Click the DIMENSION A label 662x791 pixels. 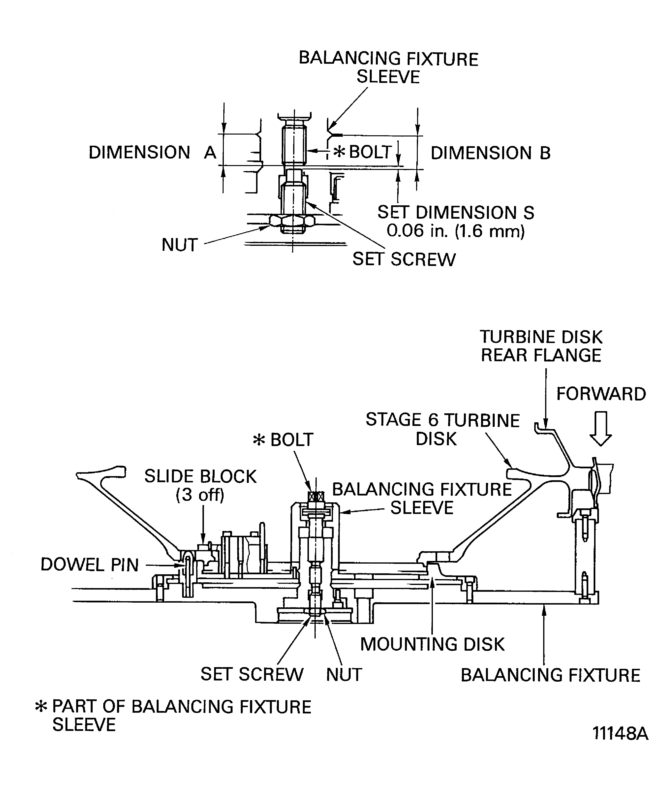[x=152, y=152]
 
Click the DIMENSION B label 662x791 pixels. [x=490, y=153]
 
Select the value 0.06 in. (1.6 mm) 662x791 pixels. [x=456, y=231]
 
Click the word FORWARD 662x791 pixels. [x=601, y=394]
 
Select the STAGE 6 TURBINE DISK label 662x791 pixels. [x=442, y=429]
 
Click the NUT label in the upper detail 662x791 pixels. [x=180, y=245]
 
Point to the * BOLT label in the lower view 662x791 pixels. [x=283, y=439]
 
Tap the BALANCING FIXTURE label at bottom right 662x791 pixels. [x=550, y=675]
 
